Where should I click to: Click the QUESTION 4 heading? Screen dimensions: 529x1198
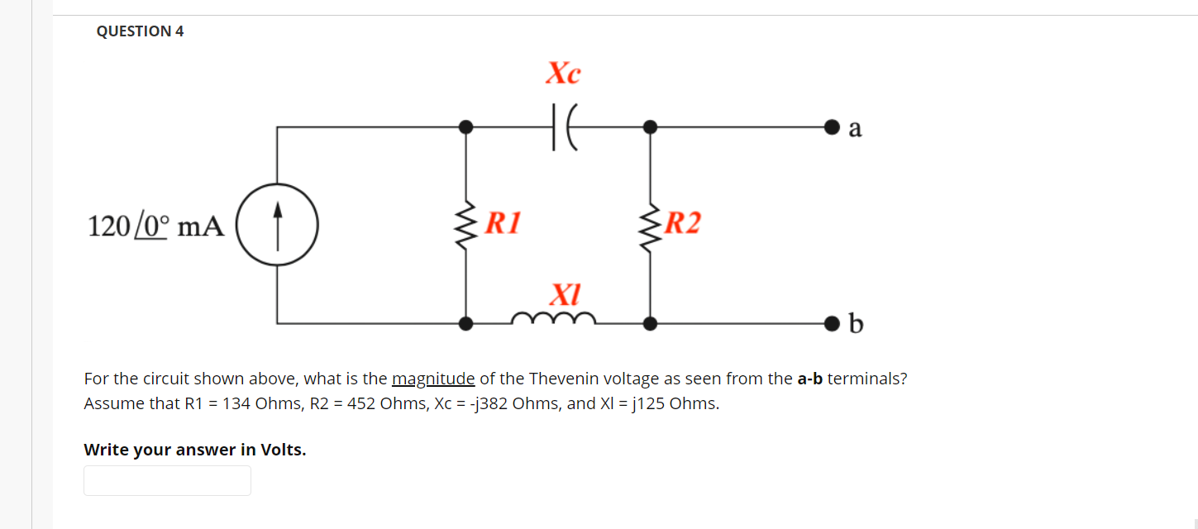(x=140, y=31)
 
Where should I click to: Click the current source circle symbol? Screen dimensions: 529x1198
(x=277, y=224)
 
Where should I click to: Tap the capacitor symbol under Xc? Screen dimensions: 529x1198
(x=563, y=127)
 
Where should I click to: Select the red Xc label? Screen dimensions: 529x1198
(x=563, y=74)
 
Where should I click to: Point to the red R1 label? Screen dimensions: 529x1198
(x=503, y=222)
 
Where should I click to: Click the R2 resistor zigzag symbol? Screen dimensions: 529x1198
(x=651, y=224)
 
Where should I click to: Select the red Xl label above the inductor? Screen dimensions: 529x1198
(x=566, y=293)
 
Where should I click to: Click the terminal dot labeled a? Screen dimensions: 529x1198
(x=831, y=127)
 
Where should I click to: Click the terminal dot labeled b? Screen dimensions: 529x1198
(x=831, y=323)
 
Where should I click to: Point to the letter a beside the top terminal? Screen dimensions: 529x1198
(x=855, y=129)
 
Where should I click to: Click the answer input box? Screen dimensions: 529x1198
(x=167, y=480)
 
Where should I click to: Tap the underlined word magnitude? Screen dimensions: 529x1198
(x=433, y=379)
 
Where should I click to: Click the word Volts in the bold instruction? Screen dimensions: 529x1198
(x=282, y=450)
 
